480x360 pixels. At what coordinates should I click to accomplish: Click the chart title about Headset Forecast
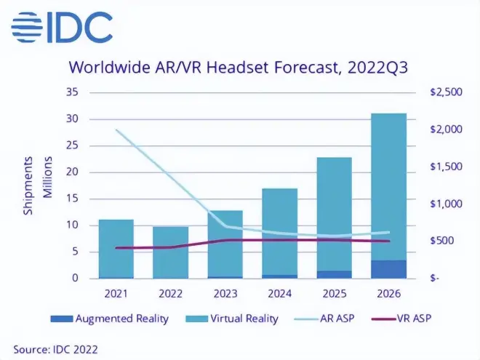239,68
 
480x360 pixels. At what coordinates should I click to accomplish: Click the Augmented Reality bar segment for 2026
388,269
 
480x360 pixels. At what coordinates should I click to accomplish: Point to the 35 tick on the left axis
73,92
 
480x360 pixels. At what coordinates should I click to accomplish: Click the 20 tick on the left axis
73,172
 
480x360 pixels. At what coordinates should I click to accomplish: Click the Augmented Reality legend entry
110,319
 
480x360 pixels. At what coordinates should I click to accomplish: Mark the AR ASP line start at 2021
116,129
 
